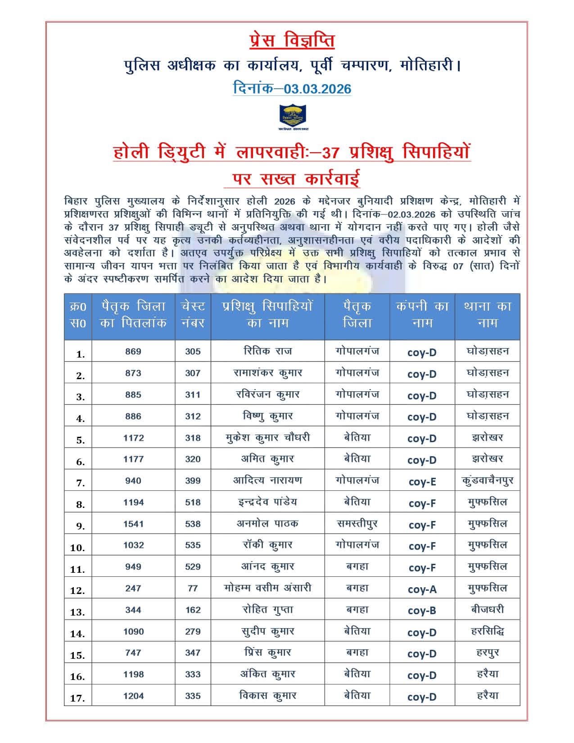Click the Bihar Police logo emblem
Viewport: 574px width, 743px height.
[293, 117]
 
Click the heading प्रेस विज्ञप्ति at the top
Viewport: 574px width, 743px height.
[292, 41]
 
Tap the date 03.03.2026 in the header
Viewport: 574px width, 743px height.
[317, 88]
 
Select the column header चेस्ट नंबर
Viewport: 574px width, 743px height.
[193, 314]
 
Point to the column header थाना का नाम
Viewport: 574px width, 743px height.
[487, 314]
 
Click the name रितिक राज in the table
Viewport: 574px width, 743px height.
[268, 351]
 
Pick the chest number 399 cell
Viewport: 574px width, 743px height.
[193, 480]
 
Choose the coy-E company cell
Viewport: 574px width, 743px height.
[422, 481]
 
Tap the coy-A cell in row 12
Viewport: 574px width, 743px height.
[422, 589]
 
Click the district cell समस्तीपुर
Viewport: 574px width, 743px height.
[357, 524]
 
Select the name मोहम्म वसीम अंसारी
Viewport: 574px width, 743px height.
[268, 588]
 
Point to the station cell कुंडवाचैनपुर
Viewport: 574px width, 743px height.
[487, 480]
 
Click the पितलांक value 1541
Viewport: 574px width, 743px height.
[133, 524]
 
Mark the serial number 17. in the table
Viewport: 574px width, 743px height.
[77, 698]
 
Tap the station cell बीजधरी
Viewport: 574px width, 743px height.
[487, 610]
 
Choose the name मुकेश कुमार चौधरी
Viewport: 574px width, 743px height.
[268, 437]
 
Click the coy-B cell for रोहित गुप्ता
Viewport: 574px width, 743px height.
[422, 611]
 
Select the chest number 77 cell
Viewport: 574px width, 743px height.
[193, 588]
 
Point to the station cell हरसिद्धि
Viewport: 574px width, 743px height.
[487, 631]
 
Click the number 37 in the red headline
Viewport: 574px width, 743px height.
[330, 153]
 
